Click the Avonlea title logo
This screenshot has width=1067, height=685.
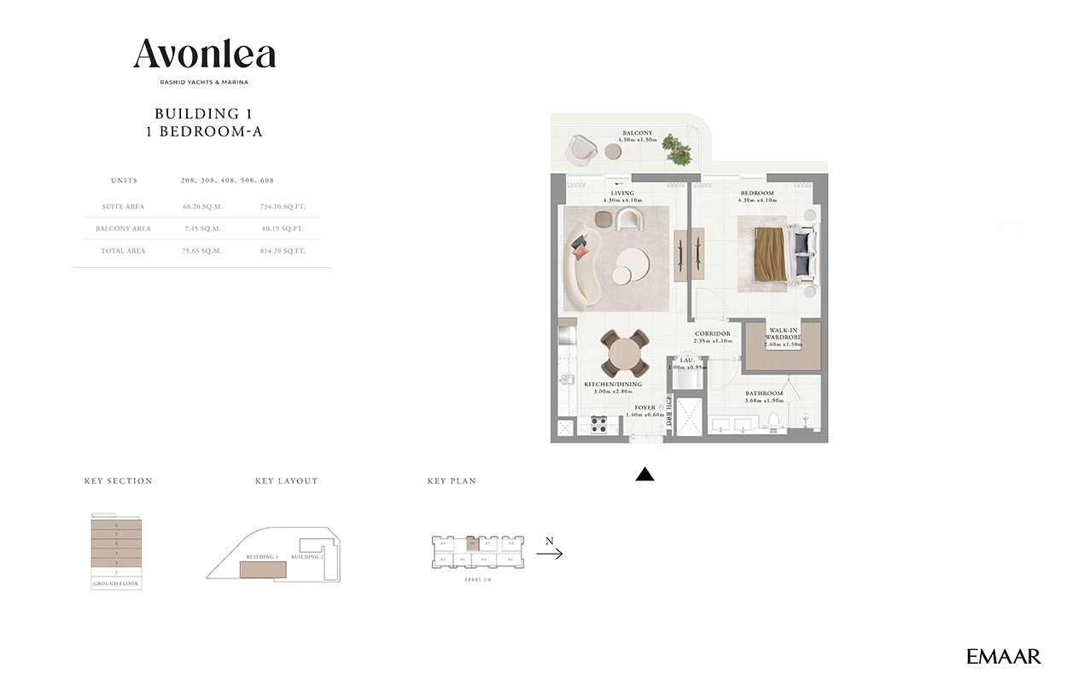204,55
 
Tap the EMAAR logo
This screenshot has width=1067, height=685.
1004,656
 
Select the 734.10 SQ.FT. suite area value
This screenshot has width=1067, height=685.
283,206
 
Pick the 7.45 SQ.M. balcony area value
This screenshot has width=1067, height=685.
201,229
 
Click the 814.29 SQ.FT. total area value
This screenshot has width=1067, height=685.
283,251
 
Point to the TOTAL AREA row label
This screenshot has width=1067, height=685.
124,251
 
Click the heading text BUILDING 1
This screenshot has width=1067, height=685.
203,113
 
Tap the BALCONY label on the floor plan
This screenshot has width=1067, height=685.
637,133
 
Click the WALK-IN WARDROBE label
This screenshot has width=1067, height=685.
783,334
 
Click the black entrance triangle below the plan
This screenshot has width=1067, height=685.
644,475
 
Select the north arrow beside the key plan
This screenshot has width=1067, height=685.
549,554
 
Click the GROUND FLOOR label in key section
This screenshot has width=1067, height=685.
116,584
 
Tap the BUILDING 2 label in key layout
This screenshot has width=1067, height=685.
306,557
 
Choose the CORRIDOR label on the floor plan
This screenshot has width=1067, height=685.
712,334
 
